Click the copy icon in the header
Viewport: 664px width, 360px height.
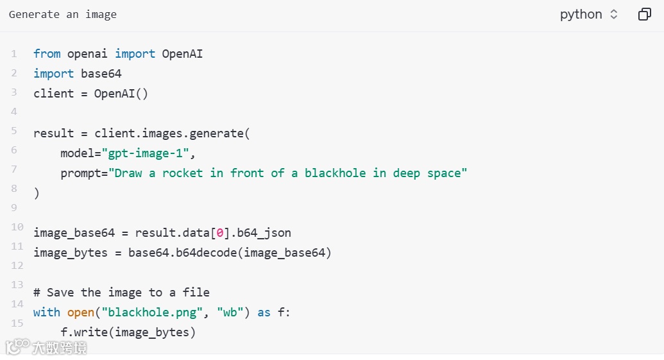[644, 14]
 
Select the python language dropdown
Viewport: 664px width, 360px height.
[588, 14]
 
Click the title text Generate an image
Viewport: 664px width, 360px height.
[63, 14]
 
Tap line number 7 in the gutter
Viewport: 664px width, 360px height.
[14, 169]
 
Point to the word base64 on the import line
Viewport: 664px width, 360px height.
[101, 73]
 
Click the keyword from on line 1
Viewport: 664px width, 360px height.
[47, 54]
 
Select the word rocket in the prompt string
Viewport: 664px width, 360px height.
[182, 173]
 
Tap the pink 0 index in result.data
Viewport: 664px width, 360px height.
[218, 233]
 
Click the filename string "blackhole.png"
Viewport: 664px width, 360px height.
[154, 312]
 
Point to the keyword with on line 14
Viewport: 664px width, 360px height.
[47, 312]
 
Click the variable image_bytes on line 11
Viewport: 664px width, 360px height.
[71, 253]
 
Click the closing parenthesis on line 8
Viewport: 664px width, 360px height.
[37, 193]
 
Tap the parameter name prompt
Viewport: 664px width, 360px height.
[80, 173]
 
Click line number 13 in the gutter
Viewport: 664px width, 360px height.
[17, 285]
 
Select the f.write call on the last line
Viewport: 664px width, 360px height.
[87, 332]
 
